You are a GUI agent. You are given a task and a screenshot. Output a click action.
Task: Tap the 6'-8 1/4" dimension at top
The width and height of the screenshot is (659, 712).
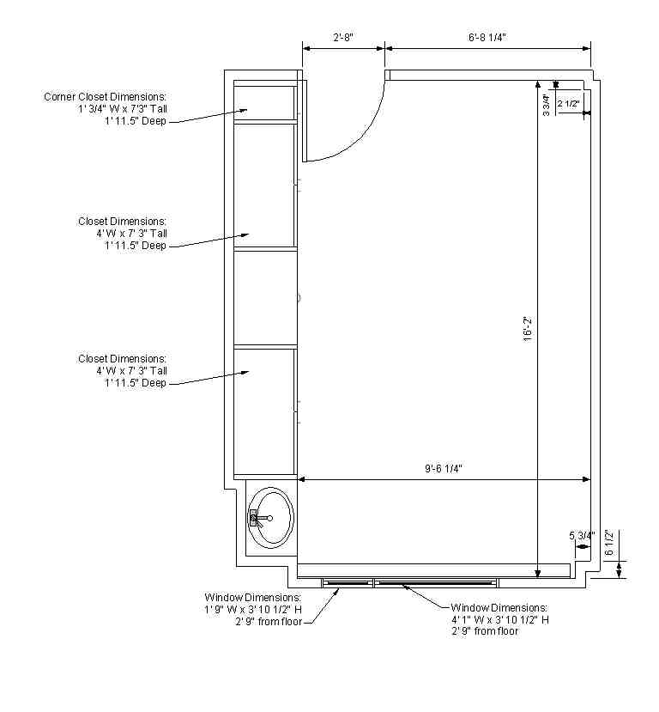click(487, 37)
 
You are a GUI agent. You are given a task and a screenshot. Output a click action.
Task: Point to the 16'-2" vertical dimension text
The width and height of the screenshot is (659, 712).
click(528, 328)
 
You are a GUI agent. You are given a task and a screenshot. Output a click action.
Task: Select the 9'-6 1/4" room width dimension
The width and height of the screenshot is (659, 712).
click(444, 469)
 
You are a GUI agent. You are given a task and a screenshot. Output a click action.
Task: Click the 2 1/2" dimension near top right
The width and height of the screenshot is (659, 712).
click(569, 104)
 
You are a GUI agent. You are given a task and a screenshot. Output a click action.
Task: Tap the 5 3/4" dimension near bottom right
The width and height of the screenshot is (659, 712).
click(582, 535)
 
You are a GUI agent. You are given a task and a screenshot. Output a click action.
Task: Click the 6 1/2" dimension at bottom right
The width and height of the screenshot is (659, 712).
click(610, 543)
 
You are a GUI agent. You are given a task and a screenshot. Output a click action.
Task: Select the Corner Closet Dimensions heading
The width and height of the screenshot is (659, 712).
click(105, 96)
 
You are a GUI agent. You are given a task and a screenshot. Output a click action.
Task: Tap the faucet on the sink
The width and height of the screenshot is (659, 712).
click(256, 518)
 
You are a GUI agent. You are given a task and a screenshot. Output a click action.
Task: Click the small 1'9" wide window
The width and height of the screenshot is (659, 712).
click(348, 582)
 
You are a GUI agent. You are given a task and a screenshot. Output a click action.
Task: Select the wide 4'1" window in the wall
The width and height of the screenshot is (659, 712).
click(435, 582)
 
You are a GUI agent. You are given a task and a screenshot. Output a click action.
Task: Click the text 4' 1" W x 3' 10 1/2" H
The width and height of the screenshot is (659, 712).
click(500, 618)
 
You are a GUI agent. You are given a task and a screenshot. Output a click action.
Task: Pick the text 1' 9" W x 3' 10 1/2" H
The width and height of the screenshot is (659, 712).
click(252, 609)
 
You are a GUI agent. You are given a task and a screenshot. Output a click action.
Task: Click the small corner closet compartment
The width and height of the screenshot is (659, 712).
click(265, 101)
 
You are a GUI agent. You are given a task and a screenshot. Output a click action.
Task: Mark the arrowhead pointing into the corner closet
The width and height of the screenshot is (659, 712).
click(245, 110)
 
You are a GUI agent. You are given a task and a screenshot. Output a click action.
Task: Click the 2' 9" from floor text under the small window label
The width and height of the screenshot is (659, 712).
click(269, 621)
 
